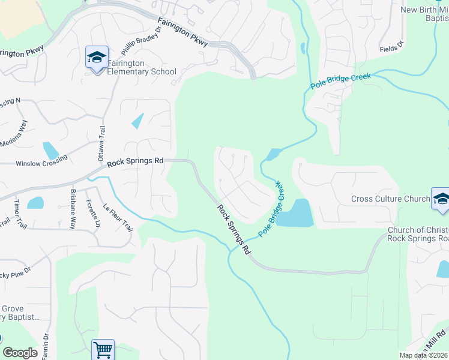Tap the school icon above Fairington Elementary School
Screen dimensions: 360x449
[x=97, y=58]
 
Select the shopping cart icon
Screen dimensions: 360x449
[x=103, y=349]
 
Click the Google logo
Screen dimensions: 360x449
[x=20, y=353]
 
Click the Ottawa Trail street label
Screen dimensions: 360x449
[x=101, y=145]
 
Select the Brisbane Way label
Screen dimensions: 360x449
[x=73, y=214]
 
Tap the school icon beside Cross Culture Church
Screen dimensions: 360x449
[x=440, y=199]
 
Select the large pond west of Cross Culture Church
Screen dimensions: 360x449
[x=297, y=214]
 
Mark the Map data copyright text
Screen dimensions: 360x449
[x=424, y=355]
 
